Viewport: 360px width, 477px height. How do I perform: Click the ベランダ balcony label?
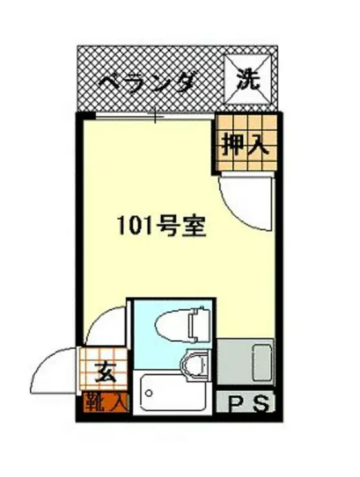click(147, 83)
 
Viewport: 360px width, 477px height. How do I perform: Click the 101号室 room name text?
click(161, 227)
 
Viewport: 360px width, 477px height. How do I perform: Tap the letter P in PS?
click(237, 404)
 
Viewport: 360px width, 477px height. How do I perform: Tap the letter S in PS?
click(260, 404)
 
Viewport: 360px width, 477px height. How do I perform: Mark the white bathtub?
click(173, 394)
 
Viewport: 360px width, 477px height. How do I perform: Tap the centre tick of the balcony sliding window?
click(155, 116)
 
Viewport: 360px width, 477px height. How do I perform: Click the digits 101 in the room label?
click(133, 227)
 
